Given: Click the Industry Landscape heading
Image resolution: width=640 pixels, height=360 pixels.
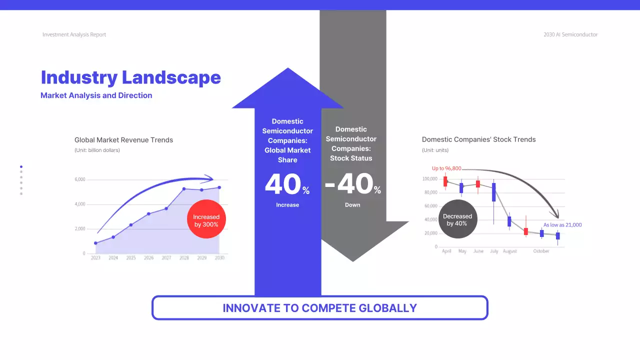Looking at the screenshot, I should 130,77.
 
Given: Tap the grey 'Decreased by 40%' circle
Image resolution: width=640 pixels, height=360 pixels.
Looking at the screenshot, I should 457,219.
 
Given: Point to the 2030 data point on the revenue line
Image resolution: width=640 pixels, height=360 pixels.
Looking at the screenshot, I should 219,187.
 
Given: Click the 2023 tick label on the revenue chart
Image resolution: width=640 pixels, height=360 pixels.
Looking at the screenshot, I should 95,258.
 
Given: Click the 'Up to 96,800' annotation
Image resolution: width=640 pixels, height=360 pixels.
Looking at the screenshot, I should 446,168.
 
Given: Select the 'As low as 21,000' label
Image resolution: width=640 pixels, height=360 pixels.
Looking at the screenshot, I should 562,225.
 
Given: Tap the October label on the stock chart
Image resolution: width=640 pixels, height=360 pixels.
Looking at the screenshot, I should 541,251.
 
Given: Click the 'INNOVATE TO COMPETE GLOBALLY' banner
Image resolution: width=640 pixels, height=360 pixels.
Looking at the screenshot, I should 319,307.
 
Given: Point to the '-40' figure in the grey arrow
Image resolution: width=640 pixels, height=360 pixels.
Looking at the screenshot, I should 348,184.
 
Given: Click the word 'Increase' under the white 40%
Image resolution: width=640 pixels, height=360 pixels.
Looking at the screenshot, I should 287,205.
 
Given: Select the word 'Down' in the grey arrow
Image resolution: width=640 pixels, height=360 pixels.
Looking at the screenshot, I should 352,205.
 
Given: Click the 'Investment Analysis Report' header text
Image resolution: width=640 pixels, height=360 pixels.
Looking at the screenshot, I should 74,34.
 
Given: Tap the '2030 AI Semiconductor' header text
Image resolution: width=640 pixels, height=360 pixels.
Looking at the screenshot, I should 570,34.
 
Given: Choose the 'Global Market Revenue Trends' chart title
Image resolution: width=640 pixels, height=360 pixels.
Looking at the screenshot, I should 123,140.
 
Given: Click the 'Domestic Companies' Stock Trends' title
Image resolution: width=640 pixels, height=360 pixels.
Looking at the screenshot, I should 478,140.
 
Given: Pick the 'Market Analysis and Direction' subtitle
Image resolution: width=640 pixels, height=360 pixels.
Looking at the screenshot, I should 96,95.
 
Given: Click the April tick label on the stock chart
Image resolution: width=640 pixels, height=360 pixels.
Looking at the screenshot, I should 446,251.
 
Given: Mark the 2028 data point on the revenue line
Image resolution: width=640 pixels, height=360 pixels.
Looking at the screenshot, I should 184,189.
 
